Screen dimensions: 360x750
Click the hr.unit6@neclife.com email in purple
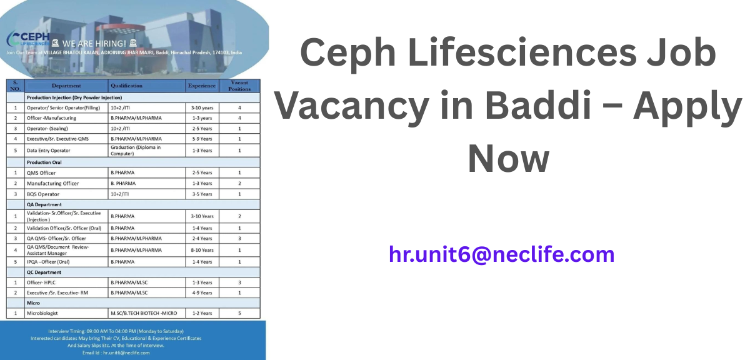(x=501, y=255)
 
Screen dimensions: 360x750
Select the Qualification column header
(x=126, y=86)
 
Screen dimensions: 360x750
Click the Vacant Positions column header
(x=239, y=86)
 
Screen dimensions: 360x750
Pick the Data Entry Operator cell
(x=48, y=151)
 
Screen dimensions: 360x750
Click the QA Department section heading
(x=44, y=204)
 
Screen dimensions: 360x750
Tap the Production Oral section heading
(x=44, y=162)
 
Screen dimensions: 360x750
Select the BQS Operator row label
(x=43, y=194)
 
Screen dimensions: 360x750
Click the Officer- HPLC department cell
(x=41, y=282)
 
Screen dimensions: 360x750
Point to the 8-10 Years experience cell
(x=202, y=250)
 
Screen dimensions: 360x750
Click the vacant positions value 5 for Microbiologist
(x=239, y=313)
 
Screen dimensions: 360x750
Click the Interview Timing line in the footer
(x=116, y=331)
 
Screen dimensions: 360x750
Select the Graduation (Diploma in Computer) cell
(x=136, y=151)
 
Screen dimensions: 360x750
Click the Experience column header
(x=202, y=86)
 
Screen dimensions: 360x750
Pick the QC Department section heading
(x=44, y=272)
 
